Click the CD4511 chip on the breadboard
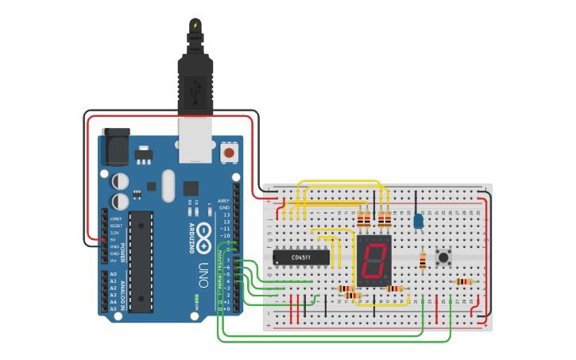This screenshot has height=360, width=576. [301, 257]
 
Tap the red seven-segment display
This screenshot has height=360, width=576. [374, 260]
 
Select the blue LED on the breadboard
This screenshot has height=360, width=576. [418, 220]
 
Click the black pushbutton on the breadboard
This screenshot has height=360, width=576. [443, 257]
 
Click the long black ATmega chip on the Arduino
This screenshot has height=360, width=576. [141, 261]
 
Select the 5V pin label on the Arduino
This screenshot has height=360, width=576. [112, 239]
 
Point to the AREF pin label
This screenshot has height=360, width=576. [224, 201]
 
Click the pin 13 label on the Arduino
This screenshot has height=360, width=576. [226, 215]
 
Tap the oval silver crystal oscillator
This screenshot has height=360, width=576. [168, 186]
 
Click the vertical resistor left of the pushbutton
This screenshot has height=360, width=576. [423, 259]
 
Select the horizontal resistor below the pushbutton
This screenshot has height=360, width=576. [464, 281]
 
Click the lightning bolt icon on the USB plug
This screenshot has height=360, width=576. [195, 25]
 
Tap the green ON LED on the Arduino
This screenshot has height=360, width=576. [196, 300]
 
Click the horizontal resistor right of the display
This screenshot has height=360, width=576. [394, 288]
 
